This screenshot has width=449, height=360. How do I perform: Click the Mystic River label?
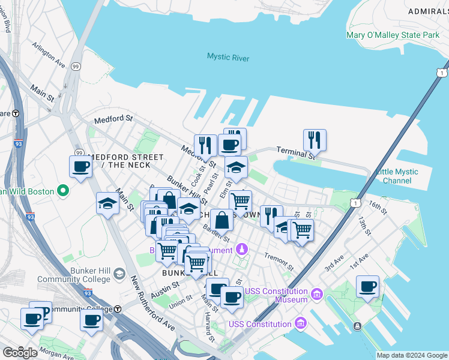point(228,58)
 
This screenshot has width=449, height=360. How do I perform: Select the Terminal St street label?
point(295,153)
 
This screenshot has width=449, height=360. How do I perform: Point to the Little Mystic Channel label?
point(397,176)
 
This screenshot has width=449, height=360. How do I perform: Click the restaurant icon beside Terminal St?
point(315,140)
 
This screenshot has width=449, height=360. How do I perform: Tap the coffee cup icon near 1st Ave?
point(367,287)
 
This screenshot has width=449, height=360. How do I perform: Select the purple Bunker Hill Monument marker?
point(241,248)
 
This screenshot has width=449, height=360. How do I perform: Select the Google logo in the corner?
point(20,352)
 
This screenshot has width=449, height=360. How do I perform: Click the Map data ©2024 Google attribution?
point(411,355)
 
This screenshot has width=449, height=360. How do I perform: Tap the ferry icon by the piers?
point(358,326)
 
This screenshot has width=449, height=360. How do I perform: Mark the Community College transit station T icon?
point(118,309)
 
